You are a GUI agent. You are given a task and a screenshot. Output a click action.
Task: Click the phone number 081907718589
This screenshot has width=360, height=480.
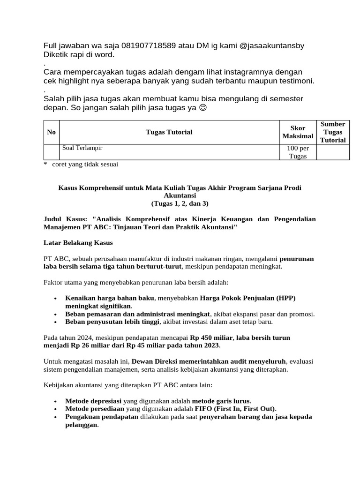tap(149, 45)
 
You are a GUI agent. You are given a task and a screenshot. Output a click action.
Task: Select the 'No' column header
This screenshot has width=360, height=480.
tap(51, 132)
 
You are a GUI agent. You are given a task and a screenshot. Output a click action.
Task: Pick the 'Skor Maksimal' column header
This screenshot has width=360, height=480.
tap(298, 132)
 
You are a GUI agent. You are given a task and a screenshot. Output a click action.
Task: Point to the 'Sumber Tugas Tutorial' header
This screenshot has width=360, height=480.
tap(333, 132)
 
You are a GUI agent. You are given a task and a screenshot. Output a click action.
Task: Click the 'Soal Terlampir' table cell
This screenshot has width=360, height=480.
tap(82, 148)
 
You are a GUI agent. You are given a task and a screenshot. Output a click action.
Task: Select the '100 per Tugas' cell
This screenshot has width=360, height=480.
tap(298, 152)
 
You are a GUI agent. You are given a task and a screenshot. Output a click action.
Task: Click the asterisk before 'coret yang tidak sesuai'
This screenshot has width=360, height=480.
tap(45, 165)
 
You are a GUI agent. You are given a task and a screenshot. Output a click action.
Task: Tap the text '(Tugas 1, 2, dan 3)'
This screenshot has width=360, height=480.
tap(180, 203)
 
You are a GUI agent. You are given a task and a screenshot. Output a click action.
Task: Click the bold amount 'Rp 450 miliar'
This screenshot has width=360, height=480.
tap(210, 337)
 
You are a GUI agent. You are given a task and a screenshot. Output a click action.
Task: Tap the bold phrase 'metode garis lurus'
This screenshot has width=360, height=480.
tap(222, 401)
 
